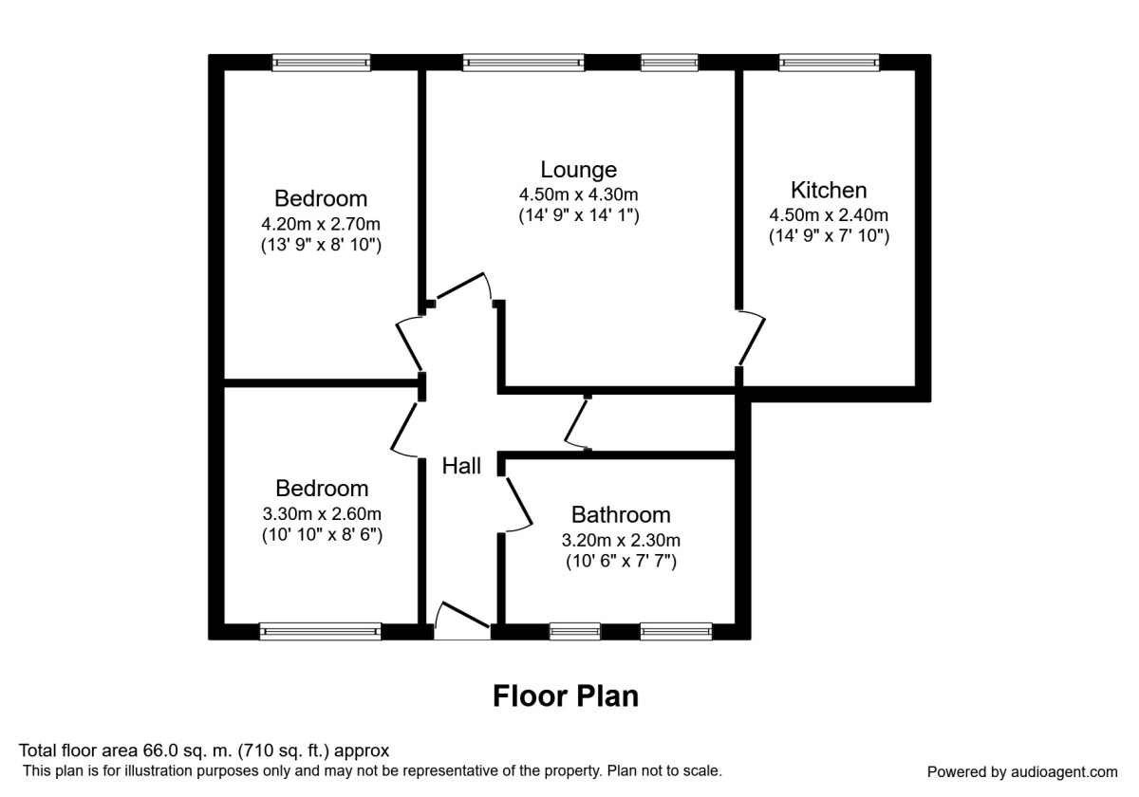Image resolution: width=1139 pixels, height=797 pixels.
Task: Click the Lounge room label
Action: pyautogui.click(x=578, y=170)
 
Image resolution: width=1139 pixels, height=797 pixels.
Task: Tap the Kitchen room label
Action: pyautogui.click(x=829, y=190)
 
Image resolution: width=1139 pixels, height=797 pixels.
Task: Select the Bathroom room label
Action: pyautogui.click(x=621, y=515)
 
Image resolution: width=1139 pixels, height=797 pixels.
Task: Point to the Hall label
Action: pyautogui.click(x=461, y=466)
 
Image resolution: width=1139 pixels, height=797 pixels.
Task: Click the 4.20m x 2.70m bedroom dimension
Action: pyautogui.click(x=321, y=225)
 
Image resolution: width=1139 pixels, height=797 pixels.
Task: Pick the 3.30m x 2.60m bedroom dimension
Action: pyautogui.click(x=321, y=514)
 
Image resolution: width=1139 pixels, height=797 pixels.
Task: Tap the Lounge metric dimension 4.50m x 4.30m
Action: pyautogui.click(x=578, y=195)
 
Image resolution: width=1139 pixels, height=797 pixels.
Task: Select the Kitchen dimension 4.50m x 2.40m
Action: pyautogui.click(x=829, y=214)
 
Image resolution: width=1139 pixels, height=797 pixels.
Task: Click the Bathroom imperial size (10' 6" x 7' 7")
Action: pyautogui.click(x=621, y=562)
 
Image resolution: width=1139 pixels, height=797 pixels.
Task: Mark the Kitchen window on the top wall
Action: pyautogui.click(x=829, y=63)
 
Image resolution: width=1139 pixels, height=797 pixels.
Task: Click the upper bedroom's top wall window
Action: pyautogui.click(x=321, y=63)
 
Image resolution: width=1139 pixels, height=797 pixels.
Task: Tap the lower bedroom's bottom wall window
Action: pyautogui.click(x=320, y=630)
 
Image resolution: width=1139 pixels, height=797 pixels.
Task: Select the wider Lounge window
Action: pyautogui.click(x=523, y=63)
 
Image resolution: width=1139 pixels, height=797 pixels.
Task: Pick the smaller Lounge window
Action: pyautogui.click(x=668, y=63)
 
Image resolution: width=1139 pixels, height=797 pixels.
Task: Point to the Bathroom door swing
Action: pyautogui.click(x=517, y=504)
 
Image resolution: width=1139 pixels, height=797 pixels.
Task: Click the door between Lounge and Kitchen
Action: pyautogui.click(x=752, y=338)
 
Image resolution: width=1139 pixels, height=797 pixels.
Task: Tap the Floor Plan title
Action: pyautogui.click(x=565, y=696)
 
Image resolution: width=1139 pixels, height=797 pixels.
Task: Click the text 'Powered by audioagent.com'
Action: pyautogui.click(x=1022, y=771)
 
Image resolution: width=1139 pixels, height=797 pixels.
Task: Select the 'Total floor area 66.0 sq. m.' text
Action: pyautogui.click(x=204, y=751)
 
